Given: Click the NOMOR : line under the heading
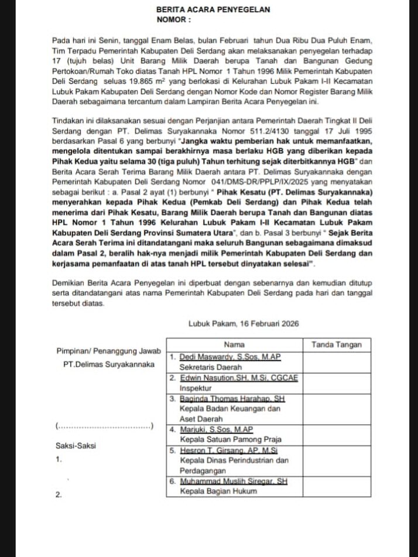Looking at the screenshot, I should coord(174,19).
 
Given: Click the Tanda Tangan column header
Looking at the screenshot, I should coord(337,344).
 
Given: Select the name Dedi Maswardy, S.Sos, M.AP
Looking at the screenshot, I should coord(230,357).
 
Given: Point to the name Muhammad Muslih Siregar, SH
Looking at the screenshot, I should coord(234,481).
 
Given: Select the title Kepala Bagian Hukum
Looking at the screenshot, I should coord(218,491).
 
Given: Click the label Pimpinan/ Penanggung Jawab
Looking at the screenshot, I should coord(108,351).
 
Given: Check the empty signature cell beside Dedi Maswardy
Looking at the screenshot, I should coord(337,361).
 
